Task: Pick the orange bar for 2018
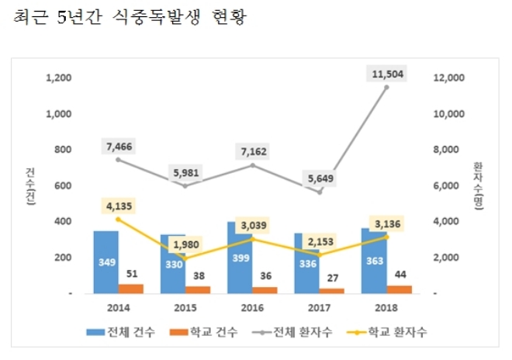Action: [400, 289]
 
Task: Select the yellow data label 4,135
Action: [118, 206]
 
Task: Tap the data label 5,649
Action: [319, 177]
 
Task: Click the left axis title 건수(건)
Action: [29, 185]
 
